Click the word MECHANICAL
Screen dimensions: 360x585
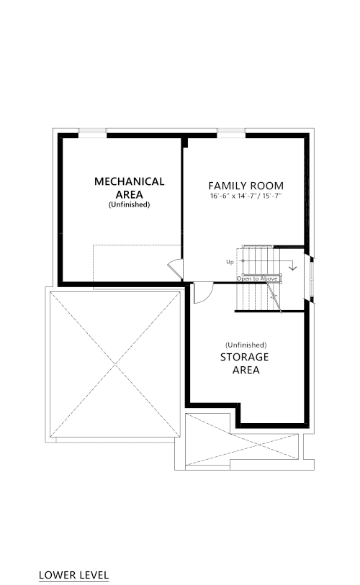click(129, 181)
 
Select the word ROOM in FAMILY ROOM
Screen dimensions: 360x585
click(266, 186)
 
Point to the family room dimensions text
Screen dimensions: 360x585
click(246, 196)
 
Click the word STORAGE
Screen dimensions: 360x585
click(244, 357)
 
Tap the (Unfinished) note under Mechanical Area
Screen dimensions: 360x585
click(129, 204)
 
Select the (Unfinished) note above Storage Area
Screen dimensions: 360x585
click(246, 345)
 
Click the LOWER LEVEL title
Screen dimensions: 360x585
click(73, 576)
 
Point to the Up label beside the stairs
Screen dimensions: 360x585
click(230, 262)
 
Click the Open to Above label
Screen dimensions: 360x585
click(257, 278)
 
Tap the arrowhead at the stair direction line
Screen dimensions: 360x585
click(293, 268)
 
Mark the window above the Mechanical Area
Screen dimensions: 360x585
click(92, 133)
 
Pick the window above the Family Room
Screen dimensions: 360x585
click(231, 133)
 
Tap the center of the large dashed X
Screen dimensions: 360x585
click(115, 365)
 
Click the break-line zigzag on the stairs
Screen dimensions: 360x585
click(274, 296)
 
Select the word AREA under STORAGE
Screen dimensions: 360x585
click(246, 370)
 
